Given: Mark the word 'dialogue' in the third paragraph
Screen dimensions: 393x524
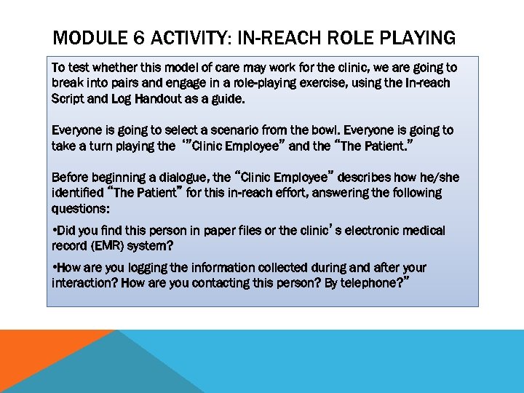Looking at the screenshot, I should pyautogui.click(x=175, y=177).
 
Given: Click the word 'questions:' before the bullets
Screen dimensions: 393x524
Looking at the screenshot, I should pyautogui.click(x=80, y=208).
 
